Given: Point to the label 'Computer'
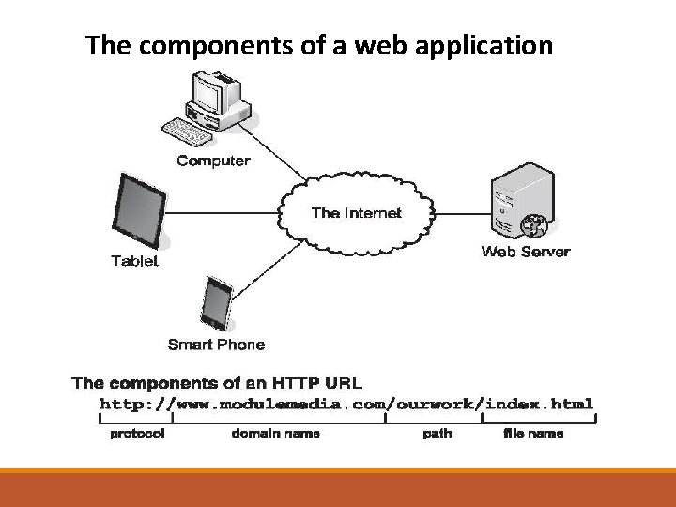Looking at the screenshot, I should pyautogui.click(x=214, y=161).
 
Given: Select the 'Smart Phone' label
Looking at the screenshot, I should pyautogui.click(x=216, y=345).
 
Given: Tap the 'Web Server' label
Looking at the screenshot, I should pyautogui.click(x=526, y=252).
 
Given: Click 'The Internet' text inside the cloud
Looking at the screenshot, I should pyautogui.click(x=357, y=213).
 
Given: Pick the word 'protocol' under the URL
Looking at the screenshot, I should pyautogui.click(x=138, y=434).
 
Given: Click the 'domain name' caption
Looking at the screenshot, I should pyautogui.click(x=276, y=434).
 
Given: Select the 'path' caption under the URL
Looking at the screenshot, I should pyautogui.click(x=434, y=434).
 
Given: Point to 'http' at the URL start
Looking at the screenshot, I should pyautogui.click(x=118, y=405).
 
